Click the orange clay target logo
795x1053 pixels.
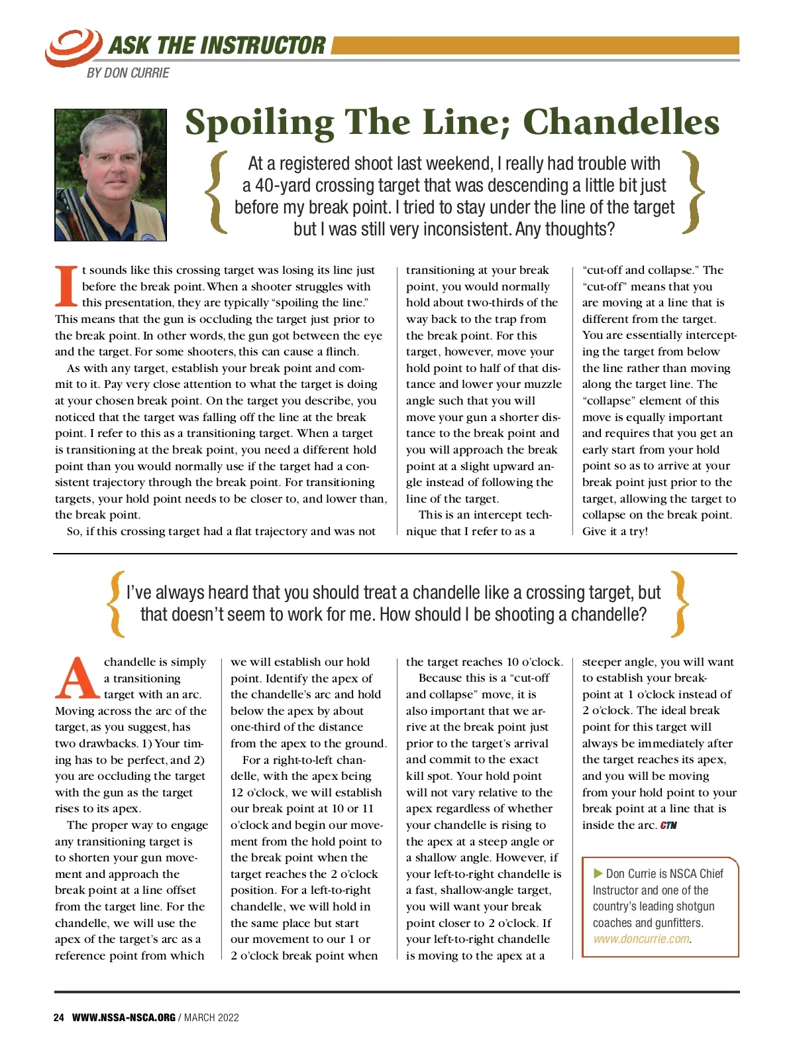click(x=73, y=46)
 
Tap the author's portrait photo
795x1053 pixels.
click(x=111, y=175)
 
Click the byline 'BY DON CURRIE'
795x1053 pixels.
click(x=128, y=73)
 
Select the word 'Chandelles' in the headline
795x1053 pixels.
click(x=621, y=122)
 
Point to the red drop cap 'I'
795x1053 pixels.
click(x=66, y=286)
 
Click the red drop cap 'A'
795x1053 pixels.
click(x=78, y=678)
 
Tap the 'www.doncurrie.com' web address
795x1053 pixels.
click(x=641, y=939)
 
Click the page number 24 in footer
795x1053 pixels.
click(x=59, y=1017)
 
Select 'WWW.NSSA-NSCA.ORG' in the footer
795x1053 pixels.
click(x=123, y=1017)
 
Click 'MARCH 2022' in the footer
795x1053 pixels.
click(x=211, y=1017)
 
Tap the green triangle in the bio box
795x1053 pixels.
click(x=598, y=873)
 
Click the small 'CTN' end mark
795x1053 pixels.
click(x=668, y=826)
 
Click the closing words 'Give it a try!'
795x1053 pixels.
click(x=615, y=531)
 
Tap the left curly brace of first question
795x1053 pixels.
click(x=217, y=192)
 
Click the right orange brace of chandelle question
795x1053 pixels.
click(x=679, y=603)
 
